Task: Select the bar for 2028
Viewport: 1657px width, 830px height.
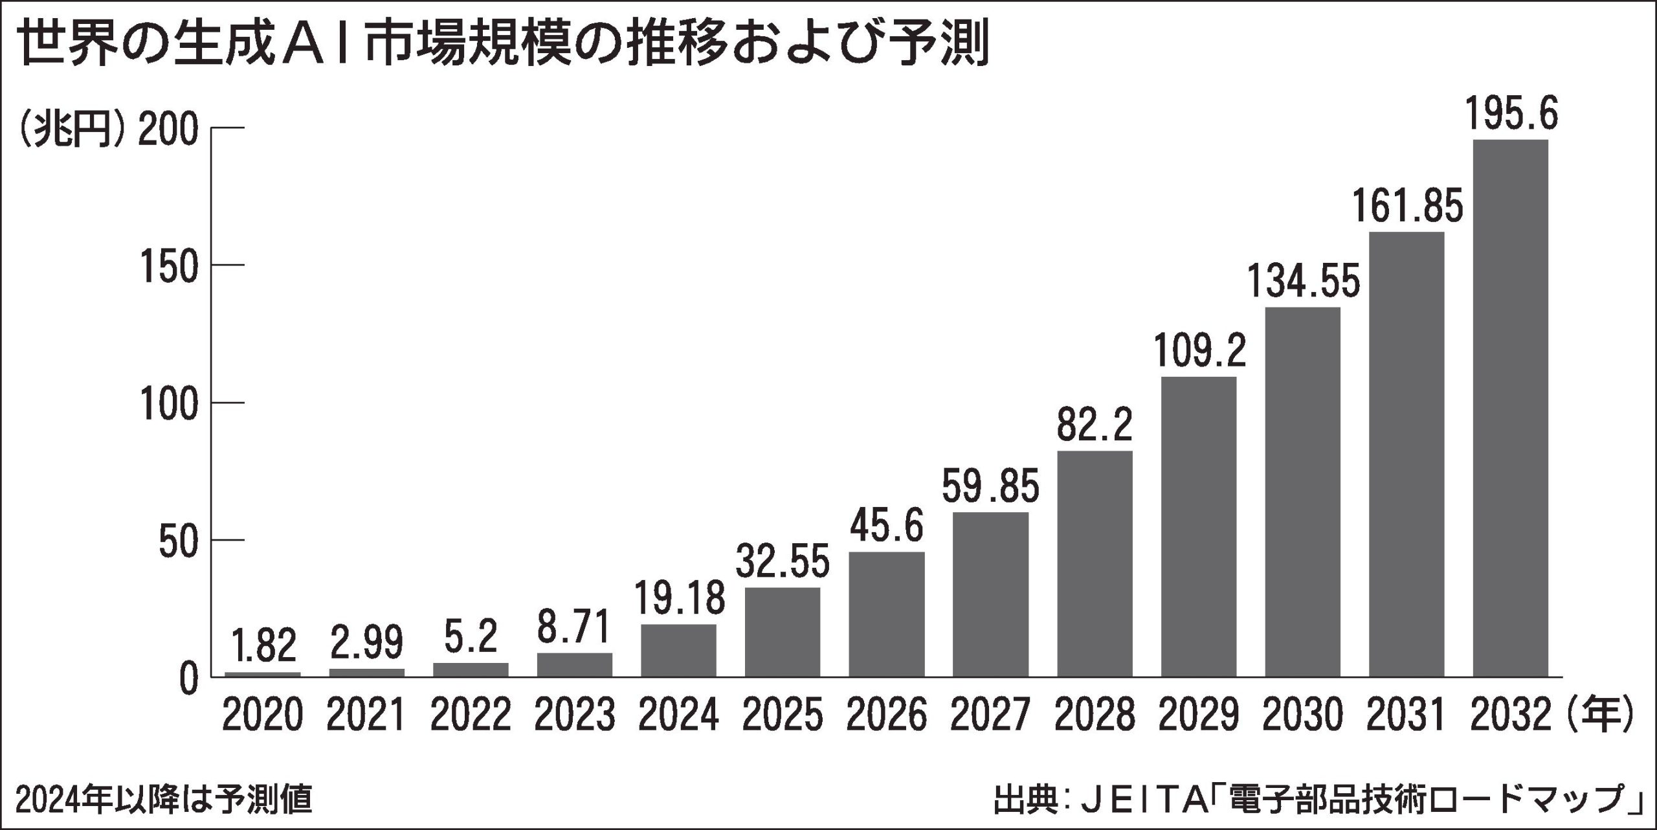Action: click(1095, 563)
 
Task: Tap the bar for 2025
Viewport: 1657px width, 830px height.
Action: click(783, 632)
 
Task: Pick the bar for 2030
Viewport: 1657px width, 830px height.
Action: click(1303, 492)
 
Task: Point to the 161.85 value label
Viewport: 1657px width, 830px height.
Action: click(1407, 207)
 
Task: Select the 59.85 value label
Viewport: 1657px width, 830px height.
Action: click(990, 487)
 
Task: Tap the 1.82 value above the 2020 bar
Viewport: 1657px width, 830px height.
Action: click(262, 647)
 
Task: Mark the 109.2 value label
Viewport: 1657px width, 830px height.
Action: click(1199, 352)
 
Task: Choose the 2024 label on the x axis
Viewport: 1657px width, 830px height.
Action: click(678, 715)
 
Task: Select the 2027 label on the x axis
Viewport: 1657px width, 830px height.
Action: click(990, 715)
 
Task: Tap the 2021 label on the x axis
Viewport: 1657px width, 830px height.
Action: click(366, 715)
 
